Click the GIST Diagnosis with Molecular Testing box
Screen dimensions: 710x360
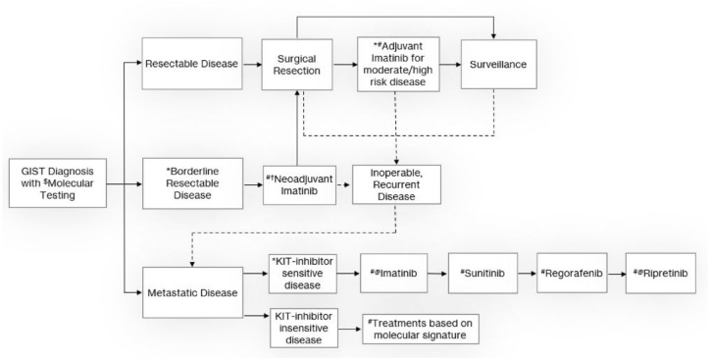(58, 183)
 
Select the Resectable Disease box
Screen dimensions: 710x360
(192, 64)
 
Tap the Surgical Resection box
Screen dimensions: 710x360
(297, 65)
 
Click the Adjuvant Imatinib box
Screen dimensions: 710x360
(398, 65)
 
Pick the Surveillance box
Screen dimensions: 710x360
(498, 65)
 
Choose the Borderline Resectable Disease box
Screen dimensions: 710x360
(192, 183)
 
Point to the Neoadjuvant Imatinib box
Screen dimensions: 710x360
(299, 184)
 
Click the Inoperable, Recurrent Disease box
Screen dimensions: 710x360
(396, 184)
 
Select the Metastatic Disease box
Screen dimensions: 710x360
(192, 292)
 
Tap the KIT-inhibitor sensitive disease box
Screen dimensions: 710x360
(302, 274)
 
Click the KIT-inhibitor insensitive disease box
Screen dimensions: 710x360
(303, 328)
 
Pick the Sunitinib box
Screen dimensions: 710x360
(482, 274)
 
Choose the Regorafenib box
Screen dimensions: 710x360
(572, 274)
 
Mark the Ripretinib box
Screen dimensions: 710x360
(661, 274)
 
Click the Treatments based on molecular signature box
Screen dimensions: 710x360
(420, 330)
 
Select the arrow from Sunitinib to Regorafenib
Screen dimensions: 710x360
(527, 274)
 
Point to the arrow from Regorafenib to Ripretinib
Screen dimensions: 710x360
(616, 274)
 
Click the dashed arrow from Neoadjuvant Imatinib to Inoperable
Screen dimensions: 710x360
(344, 184)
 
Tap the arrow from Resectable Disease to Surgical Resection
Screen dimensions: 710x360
(252, 65)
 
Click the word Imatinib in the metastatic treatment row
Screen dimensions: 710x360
(398, 274)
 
